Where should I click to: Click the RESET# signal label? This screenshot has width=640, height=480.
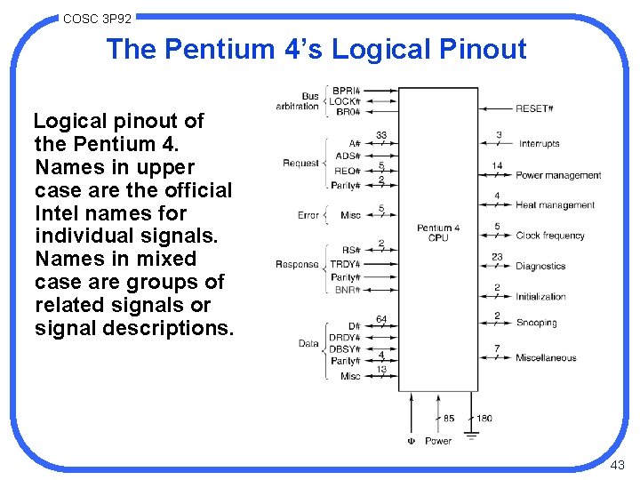click(x=534, y=108)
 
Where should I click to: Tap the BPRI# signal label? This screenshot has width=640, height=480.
click(x=346, y=91)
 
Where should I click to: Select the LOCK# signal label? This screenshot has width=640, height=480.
click(x=346, y=101)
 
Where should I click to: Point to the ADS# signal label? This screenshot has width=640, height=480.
click(x=347, y=156)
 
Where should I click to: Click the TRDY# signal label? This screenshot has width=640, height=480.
click(x=345, y=265)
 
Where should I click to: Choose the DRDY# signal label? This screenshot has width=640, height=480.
click(x=345, y=338)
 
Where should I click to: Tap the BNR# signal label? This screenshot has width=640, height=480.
click(x=347, y=290)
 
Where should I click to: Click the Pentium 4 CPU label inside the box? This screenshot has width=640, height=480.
click(x=438, y=233)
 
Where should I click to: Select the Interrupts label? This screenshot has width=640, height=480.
click(x=539, y=144)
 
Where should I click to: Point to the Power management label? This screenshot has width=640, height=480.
click(x=558, y=175)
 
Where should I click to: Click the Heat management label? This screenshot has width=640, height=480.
click(x=555, y=205)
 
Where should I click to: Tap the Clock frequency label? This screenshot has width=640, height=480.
click(x=550, y=236)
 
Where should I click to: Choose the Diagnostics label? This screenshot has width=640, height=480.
click(x=540, y=266)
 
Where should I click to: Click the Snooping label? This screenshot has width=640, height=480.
click(x=536, y=323)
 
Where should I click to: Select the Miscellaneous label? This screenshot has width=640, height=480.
click(x=546, y=358)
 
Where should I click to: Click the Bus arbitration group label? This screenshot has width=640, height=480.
click(x=298, y=101)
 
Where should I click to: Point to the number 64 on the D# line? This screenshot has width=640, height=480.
click(x=381, y=320)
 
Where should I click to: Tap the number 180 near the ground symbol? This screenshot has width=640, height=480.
click(x=484, y=419)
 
